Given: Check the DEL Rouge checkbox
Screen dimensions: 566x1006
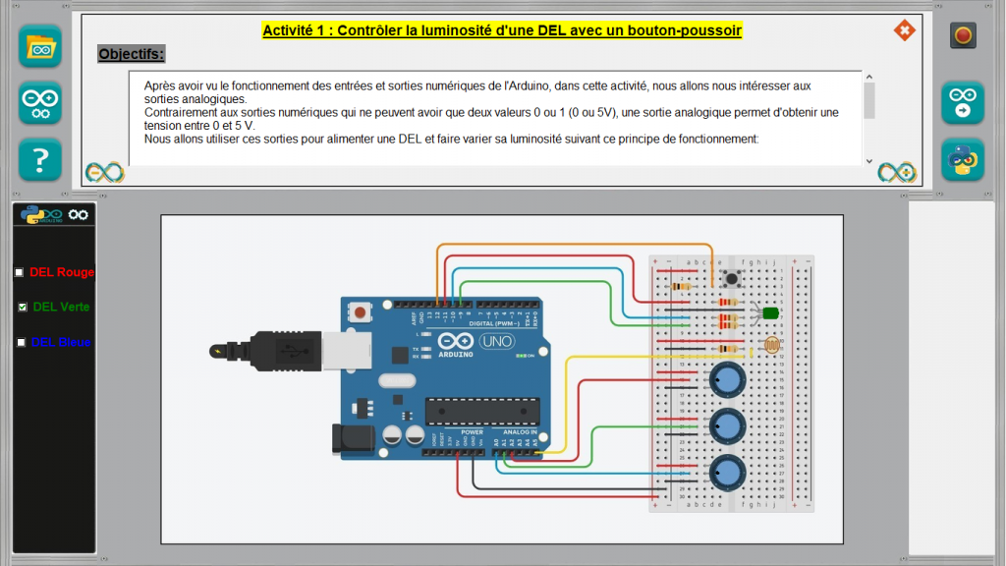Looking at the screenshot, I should point(19,272).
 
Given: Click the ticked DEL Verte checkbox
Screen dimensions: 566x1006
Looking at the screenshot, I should point(22,308).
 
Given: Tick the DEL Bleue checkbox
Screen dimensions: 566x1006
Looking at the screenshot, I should point(21,342).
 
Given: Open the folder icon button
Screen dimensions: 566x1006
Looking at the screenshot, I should point(40,46).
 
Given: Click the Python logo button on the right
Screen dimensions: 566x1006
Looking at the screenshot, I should point(963,159).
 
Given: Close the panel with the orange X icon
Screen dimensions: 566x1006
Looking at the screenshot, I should point(904,30).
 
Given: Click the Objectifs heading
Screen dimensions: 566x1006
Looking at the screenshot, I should point(132,53).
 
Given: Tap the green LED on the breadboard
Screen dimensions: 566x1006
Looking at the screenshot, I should point(770,313).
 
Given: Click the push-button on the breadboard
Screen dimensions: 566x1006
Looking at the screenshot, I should point(731,279).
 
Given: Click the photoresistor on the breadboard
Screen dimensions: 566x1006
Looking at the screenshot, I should point(772,346).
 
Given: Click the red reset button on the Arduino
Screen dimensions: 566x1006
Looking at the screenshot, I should point(361,312).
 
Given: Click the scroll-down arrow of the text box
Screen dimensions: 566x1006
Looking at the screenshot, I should point(868,160).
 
